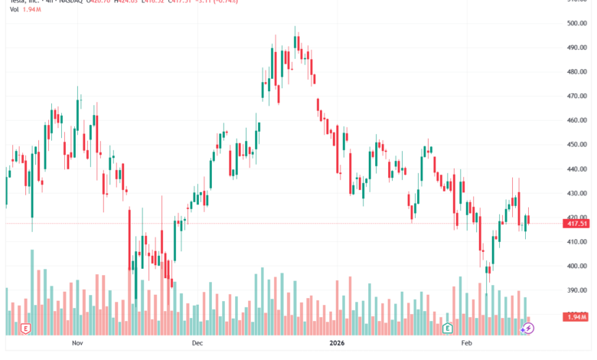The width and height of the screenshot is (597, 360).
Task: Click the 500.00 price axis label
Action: tap(576, 23)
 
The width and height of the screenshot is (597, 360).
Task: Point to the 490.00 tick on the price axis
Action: tap(576, 47)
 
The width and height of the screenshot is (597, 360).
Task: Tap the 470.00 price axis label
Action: tap(576, 96)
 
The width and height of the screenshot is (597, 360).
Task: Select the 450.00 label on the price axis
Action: tap(576, 144)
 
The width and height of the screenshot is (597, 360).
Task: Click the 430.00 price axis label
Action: tap(576, 193)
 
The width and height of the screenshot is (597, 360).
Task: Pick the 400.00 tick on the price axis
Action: tap(576, 266)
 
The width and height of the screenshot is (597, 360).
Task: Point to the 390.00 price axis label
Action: tap(576, 290)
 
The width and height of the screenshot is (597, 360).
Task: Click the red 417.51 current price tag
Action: tap(576, 223)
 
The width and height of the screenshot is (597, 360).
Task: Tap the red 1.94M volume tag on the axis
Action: tap(576, 316)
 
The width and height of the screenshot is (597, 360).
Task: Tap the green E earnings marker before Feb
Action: tap(447, 328)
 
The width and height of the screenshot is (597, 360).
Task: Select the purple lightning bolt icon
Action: tap(528, 328)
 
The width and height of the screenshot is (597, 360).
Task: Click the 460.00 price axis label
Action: tap(576, 120)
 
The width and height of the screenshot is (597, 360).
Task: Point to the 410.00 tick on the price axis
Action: tap(576, 241)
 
